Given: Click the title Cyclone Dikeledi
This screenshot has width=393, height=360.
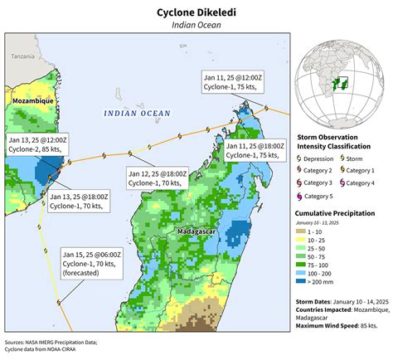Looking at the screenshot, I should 196,12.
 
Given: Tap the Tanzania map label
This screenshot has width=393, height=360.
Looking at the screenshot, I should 23,56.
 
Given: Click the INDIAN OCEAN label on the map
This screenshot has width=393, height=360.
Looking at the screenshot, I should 137,113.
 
